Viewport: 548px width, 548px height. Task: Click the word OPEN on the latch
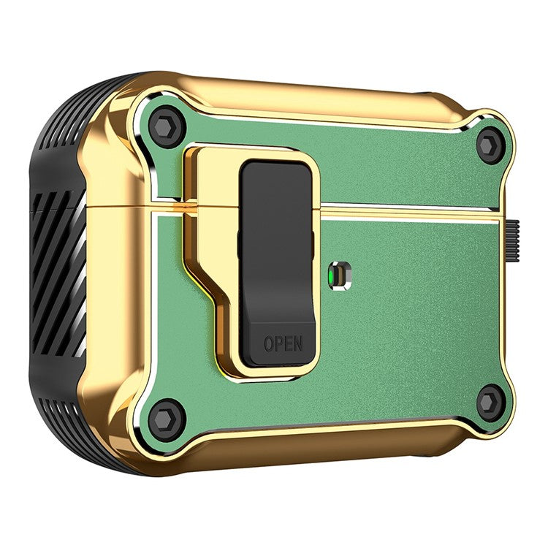click(x=282, y=343)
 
